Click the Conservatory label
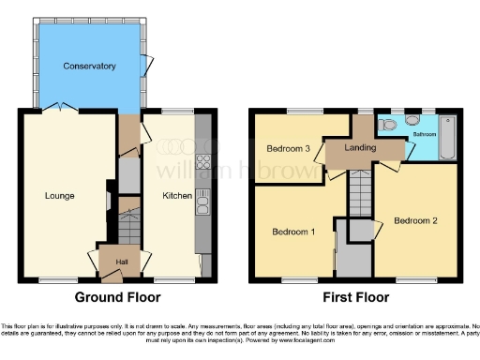(x=89, y=67)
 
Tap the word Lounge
(x=58, y=196)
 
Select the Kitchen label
(x=178, y=196)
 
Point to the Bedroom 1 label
(x=294, y=232)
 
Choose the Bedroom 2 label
(x=415, y=221)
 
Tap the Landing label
(x=360, y=148)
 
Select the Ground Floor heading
(x=118, y=297)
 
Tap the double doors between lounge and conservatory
(x=66, y=109)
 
